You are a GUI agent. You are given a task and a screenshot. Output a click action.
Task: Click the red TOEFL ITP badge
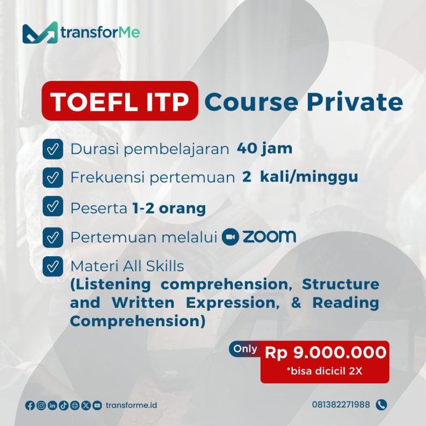tap(120, 101)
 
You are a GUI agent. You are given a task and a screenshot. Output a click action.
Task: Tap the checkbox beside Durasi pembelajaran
tap(52, 149)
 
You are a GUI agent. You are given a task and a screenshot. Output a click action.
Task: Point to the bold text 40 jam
tap(265, 149)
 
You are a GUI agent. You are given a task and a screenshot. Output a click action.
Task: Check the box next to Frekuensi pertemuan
tap(52, 177)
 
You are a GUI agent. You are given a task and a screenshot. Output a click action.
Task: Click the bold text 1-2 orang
tap(169, 208)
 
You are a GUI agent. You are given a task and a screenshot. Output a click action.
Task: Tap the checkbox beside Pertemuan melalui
tap(52, 237)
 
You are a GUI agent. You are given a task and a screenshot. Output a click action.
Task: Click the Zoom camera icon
tap(230, 237)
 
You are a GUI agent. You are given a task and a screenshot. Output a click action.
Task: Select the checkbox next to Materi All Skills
tap(52, 267)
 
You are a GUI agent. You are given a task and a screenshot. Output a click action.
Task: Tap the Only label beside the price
tap(244, 349)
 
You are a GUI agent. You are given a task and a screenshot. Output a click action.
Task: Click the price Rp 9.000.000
tap(325, 352)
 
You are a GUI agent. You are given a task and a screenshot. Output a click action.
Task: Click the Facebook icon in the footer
tap(30, 405)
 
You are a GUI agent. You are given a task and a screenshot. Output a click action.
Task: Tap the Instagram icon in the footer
tap(41, 405)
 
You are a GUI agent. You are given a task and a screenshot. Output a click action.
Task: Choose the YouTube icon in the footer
tap(97, 405)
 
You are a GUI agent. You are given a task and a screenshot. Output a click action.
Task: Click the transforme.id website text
tap(131, 405)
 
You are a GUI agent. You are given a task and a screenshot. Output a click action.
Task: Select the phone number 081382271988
tap(341, 405)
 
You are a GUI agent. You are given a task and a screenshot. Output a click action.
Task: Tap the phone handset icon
tap(381, 405)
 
